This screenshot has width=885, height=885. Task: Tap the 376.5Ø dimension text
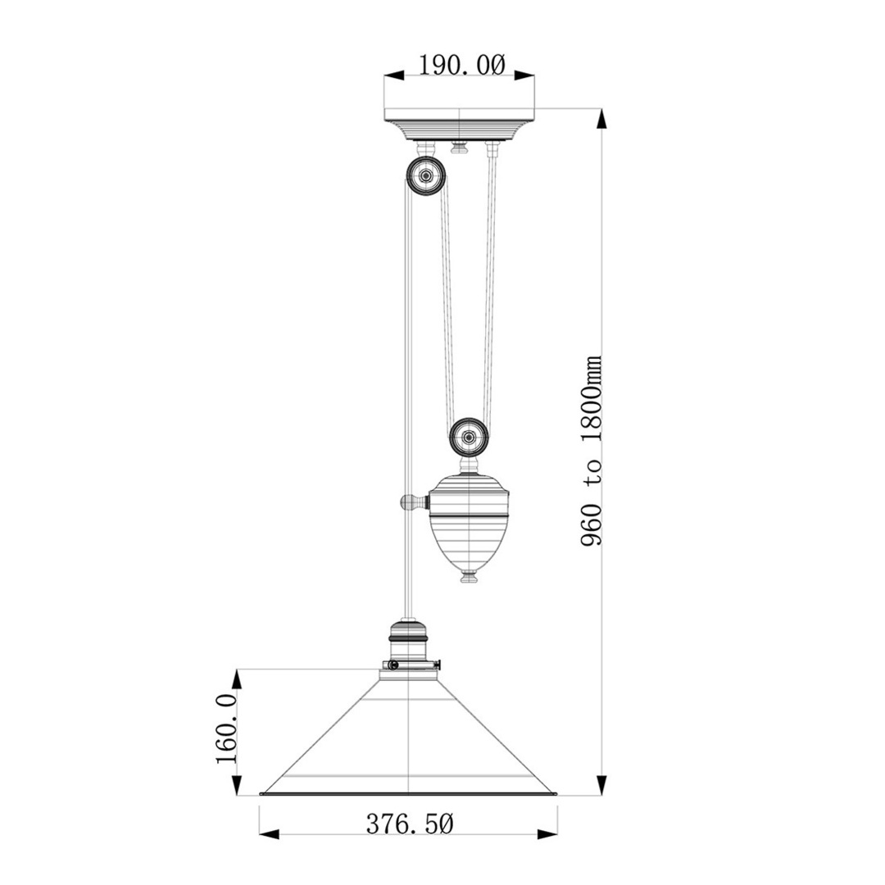click(410, 824)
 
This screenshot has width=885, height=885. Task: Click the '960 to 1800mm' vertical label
click(591, 451)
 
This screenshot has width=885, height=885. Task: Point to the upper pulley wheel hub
click(426, 176)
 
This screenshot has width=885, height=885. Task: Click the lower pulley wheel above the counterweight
click(469, 436)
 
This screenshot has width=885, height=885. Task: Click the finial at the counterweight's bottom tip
click(470, 578)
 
